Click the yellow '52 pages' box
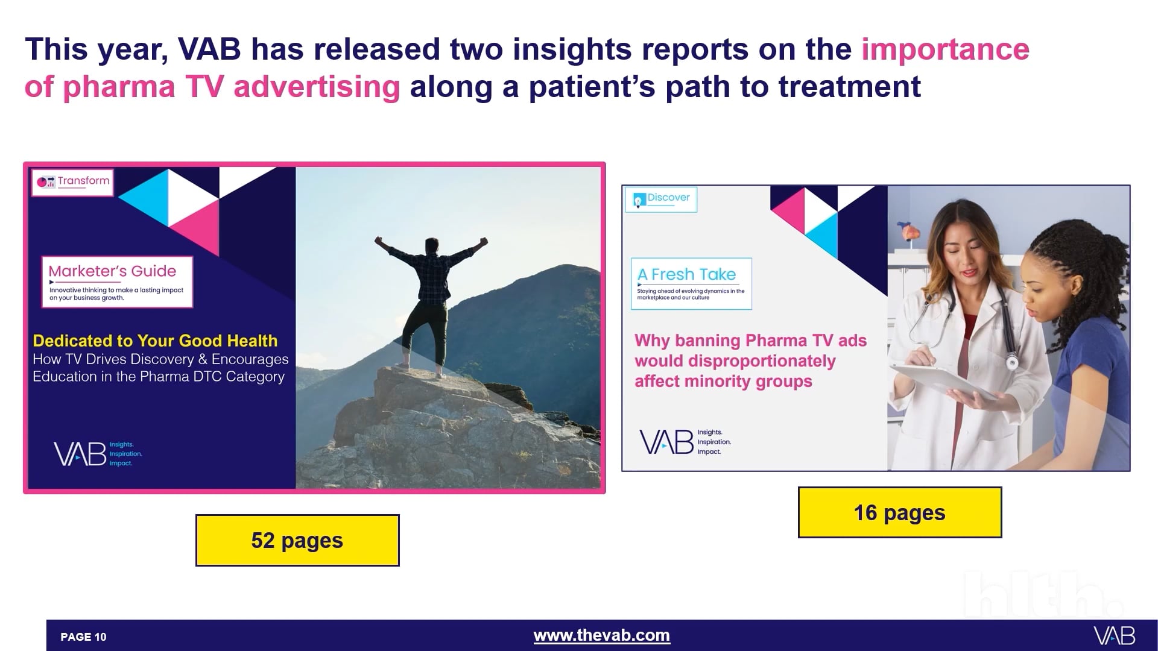297,540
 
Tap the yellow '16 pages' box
899,512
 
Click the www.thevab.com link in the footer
601,635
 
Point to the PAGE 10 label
83,637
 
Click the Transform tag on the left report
73,181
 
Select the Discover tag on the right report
661,199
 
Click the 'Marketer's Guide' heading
112,272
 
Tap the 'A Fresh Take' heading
686,275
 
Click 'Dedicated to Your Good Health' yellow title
155,341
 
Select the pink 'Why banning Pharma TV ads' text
750,341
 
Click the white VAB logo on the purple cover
80,454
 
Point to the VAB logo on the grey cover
666,442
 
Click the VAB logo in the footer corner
1114,636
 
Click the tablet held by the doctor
941,380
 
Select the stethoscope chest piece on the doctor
1011,362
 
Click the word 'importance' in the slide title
944,49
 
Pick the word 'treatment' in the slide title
849,87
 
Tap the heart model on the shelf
906,232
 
